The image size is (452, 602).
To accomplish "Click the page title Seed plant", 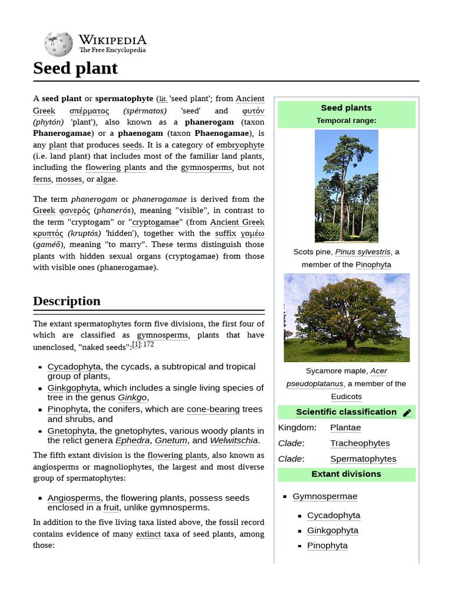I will coord(75,68).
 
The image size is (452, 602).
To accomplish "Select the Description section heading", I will coord(67,301).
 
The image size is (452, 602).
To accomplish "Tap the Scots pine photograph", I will coord(346,186).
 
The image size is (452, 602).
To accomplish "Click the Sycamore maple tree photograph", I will coord(346,317).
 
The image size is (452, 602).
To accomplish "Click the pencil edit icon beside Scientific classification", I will coord(407,413).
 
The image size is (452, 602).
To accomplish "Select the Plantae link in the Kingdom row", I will coord(345,427).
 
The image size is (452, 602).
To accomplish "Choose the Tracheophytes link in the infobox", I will coord(360,443).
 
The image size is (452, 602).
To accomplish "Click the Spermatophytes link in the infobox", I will coord(363,459).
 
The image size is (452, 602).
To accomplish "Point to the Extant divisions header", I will coord(346,474).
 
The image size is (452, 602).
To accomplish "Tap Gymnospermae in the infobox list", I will coord(325,496).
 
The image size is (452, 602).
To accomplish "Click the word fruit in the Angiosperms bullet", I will coord(111,507).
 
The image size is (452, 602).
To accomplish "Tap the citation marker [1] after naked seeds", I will coord(137,345).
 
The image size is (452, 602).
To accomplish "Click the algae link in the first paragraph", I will coord(106,179).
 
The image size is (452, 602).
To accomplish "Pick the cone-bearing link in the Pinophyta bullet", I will coord(213,409).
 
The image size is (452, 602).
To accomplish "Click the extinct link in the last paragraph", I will coord(148,534).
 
